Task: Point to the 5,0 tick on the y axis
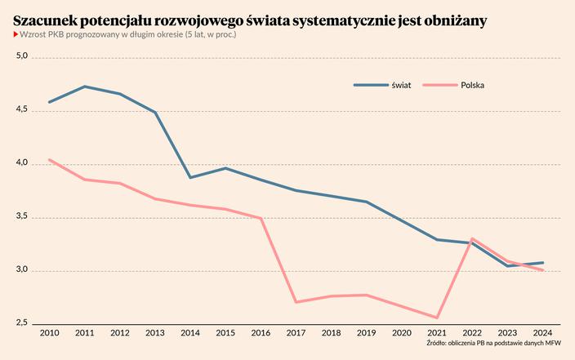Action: pyautogui.click(x=22, y=56)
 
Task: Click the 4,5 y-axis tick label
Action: pyautogui.click(x=22, y=110)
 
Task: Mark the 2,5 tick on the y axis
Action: pyautogui.click(x=22, y=324)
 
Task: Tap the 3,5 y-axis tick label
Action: pyautogui.click(x=22, y=217)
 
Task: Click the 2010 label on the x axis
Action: pyautogui.click(x=49, y=333)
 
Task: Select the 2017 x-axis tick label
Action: pyautogui.click(x=296, y=333)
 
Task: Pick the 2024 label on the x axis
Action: pyautogui.click(x=542, y=333)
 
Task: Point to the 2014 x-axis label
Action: pyautogui.click(x=190, y=333)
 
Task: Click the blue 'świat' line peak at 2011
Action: pyautogui.click(x=84, y=87)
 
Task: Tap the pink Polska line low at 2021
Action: pyautogui.click(x=437, y=318)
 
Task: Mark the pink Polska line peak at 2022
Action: pyautogui.click(x=472, y=238)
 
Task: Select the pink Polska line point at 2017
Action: pyautogui.click(x=296, y=302)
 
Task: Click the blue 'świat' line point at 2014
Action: pyautogui.click(x=190, y=177)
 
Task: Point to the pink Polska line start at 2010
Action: pyautogui.click(x=49, y=160)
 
